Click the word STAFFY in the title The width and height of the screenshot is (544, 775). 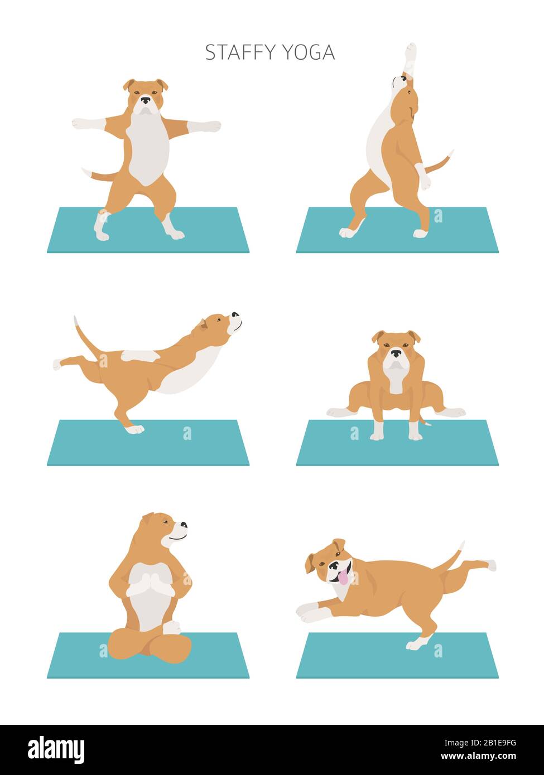(240, 52)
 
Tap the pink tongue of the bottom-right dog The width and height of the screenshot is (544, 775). (343, 578)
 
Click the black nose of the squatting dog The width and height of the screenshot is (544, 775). (396, 353)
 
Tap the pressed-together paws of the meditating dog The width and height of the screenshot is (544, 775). (149, 585)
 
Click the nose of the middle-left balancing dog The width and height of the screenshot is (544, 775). (235, 315)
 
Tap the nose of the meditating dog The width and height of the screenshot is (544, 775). (184, 525)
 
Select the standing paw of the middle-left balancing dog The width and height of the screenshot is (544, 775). (134, 429)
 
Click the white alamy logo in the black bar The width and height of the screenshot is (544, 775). (56, 749)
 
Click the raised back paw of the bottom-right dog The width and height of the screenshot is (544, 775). (490, 565)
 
